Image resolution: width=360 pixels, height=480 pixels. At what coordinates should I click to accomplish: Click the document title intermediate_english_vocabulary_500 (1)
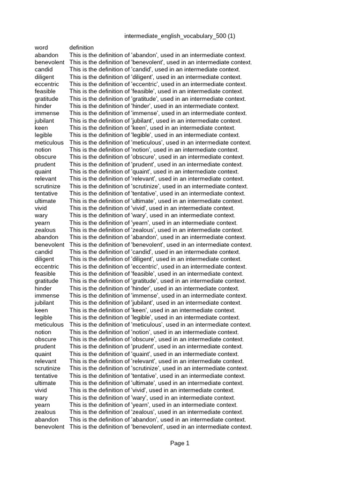(180, 36)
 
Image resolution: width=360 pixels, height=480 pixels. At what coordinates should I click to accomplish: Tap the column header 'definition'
(82, 47)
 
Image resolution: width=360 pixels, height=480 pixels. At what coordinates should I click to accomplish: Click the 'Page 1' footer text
(180, 443)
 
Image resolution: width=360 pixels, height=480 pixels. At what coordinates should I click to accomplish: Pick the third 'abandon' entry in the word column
(46, 420)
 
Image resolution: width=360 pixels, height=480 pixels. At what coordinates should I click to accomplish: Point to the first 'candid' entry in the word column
(44, 69)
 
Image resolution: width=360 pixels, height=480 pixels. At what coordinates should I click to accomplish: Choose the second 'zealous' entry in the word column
(45, 412)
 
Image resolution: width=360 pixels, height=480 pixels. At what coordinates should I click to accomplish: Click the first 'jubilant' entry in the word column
(44, 120)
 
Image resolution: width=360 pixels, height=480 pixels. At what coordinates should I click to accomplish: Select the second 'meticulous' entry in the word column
(49, 324)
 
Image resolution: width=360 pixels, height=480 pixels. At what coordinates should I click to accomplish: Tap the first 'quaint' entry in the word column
(43, 172)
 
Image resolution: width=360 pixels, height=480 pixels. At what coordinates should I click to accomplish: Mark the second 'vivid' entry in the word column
(41, 390)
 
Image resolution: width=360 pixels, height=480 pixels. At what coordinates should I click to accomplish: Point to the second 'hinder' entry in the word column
(43, 288)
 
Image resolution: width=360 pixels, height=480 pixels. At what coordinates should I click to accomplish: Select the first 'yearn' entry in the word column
(42, 223)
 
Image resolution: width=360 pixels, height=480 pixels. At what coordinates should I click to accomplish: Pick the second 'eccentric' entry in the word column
(46, 266)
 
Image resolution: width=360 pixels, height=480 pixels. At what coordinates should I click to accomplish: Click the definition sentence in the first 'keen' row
(152, 128)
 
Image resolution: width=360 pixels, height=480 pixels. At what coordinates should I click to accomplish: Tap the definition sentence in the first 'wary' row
(152, 215)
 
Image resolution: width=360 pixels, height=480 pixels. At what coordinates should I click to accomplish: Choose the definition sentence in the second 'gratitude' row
(157, 281)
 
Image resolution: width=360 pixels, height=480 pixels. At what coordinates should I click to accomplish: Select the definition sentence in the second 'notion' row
(154, 332)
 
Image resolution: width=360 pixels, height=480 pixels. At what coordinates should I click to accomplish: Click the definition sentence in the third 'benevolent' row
(161, 427)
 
